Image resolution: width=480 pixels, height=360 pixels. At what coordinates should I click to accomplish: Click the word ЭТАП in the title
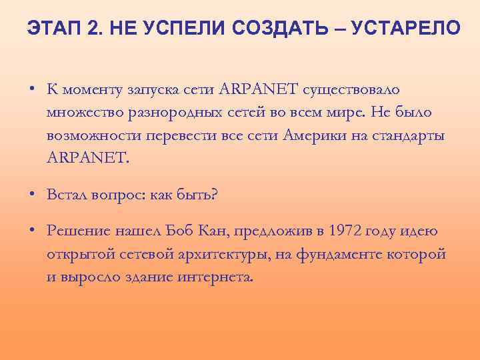pyautogui.click(x=51, y=28)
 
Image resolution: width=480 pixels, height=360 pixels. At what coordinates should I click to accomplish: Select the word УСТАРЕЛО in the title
pyautogui.click(x=404, y=28)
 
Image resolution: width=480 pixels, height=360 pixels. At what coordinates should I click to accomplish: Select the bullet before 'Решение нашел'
pyautogui.click(x=32, y=231)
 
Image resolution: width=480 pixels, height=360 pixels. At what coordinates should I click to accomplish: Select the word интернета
pyautogui.click(x=215, y=276)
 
